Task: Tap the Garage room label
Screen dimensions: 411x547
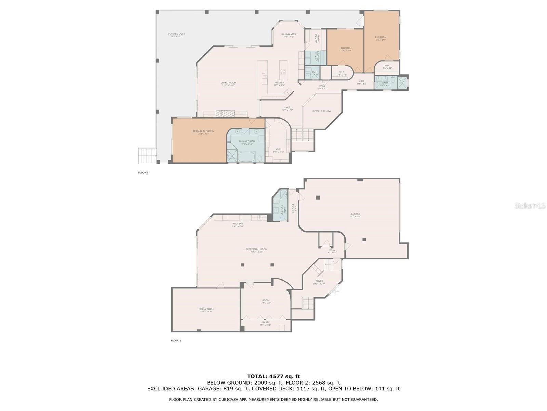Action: pyautogui.click(x=355, y=214)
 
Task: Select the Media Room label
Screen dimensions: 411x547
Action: pyautogui.click(x=206, y=309)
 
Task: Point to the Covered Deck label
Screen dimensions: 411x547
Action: pyautogui.click(x=176, y=34)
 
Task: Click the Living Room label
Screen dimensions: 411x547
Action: pyautogui.click(x=228, y=83)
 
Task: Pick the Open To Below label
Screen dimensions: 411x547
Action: pyautogui.click(x=322, y=111)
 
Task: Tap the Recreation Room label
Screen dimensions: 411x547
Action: pyautogui.click(x=256, y=249)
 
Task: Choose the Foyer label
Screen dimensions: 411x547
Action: pyautogui.click(x=319, y=281)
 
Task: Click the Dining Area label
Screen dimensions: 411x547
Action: pyautogui.click(x=289, y=34)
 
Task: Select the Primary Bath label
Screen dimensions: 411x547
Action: pyautogui.click(x=247, y=141)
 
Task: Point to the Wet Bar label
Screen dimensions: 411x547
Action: pyautogui.click(x=238, y=224)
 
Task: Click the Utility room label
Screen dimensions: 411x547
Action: pyautogui.click(x=265, y=322)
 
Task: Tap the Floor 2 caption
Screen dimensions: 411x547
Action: pyautogui.click(x=143, y=173)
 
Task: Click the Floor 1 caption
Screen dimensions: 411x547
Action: pyautogui.click(x=176, y=341)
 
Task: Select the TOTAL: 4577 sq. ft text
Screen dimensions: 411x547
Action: pyautogui.click(x=273, y=377)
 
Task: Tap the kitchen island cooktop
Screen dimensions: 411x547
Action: pyautogui.click(x=283, y=72)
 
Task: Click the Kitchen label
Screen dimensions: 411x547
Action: pyautogui.click(x=279, y=83)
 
